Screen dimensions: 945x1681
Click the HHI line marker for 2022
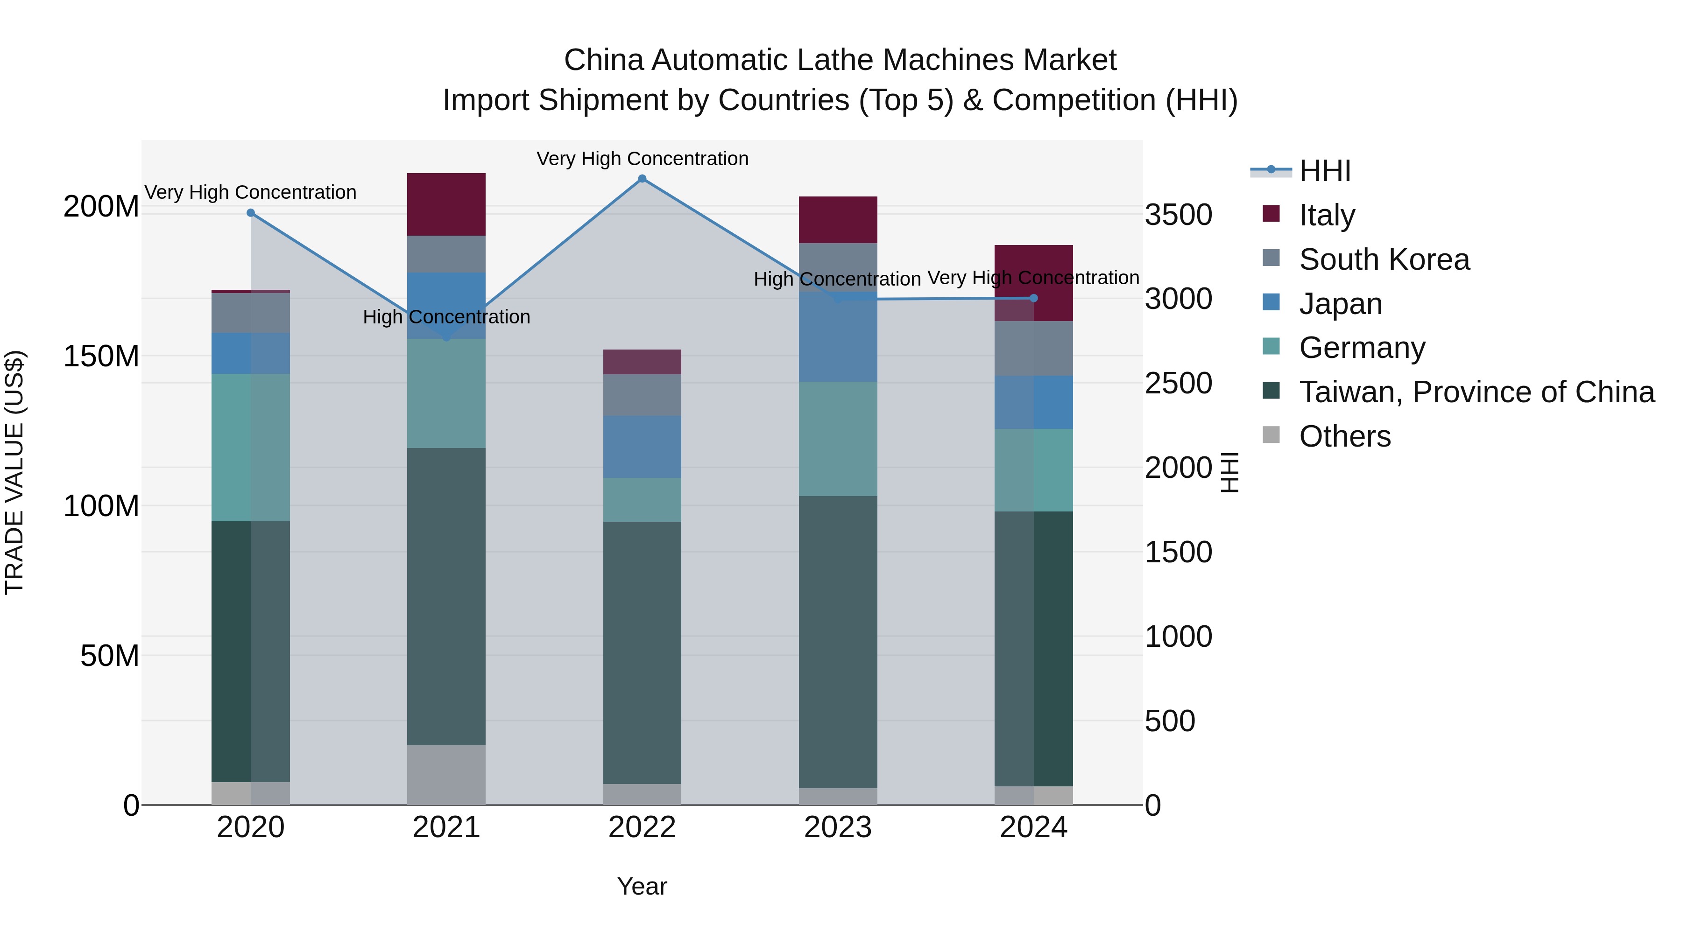click(x=642, y=179)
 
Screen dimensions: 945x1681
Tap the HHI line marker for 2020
click(x=251, y=213)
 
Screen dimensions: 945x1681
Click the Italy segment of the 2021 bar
click(x=446, y=204)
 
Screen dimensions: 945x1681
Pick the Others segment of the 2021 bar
click(x=446, y=775)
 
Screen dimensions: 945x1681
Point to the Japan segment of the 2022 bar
click(x=642, y=447)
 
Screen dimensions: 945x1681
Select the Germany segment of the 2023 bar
click(x=838, y=439)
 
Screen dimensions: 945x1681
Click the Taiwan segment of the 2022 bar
click(x=642, y=652)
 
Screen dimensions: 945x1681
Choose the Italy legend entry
click(x=1327, y=215)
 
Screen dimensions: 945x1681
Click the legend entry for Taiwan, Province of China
click(x=1476, y=392)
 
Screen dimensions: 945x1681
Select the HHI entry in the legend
click(x=1325, y=171)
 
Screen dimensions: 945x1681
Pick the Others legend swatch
click(x=1271, y=435)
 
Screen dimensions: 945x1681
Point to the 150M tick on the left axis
click(x=101, y=357)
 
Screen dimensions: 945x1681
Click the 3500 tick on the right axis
click(x=1179, y=215)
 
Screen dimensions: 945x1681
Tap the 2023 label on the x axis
click(x=838, y=827)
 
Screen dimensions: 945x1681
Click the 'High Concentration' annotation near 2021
click(x=446, y=317)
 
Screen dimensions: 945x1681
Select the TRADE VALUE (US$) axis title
click(x=14, y=472)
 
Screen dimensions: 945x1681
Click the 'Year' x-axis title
click(x=642, y=886)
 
